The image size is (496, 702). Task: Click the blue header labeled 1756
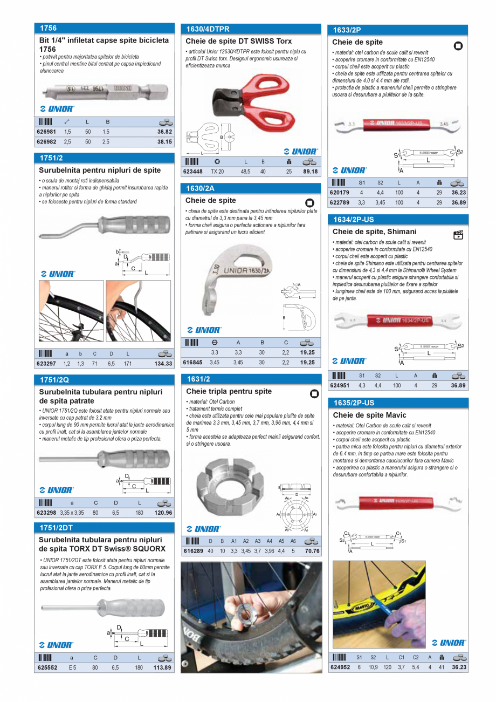point(104,28)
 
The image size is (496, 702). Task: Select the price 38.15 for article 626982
point(164,142)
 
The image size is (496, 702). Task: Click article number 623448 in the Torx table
point(193,172)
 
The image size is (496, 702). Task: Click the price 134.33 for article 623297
point(163,364)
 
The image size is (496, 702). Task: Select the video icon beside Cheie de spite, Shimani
point(458,235)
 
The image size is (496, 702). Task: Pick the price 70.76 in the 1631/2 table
point(312,551)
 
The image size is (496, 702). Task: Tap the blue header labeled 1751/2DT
point(104,527)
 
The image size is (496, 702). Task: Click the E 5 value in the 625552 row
point(72,667)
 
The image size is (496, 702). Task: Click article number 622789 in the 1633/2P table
point(339,202)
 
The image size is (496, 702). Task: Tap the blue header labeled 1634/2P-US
point(398,220)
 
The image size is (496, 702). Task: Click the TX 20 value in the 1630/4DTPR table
point(217,172)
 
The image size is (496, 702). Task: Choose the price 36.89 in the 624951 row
point(458,386)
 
